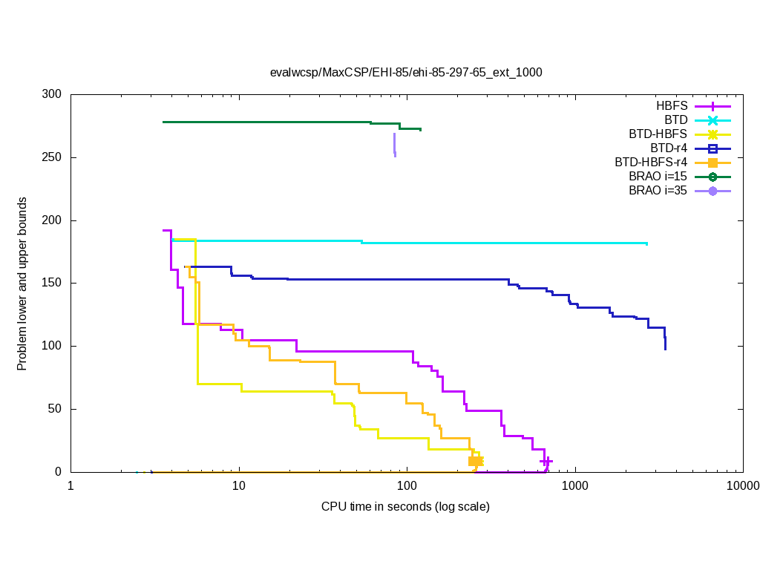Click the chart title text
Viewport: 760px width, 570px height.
pos(406,73)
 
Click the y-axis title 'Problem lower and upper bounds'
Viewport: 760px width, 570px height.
pos(22,284)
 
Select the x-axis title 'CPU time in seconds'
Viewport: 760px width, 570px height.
pos(405,507)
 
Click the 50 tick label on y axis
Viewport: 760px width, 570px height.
pos(55,409)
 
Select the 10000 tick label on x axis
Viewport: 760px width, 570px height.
pos(742,487)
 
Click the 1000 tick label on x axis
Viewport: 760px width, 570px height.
pos(574,487)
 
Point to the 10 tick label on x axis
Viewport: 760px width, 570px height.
pos(238,487)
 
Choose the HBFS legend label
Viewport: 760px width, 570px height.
pos(671,106)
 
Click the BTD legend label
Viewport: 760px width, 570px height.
pos(676,120)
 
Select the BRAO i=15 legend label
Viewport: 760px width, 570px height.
pos(658,177)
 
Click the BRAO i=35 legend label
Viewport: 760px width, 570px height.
pos(658,191)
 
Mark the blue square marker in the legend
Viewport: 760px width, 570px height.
pos(712,148)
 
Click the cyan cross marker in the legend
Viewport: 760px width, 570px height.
pos(712,120)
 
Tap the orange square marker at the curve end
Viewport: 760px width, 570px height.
pos(475,462)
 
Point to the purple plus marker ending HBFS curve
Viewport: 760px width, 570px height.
pos(547,462)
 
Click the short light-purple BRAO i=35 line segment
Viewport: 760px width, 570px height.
pos(394,144)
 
